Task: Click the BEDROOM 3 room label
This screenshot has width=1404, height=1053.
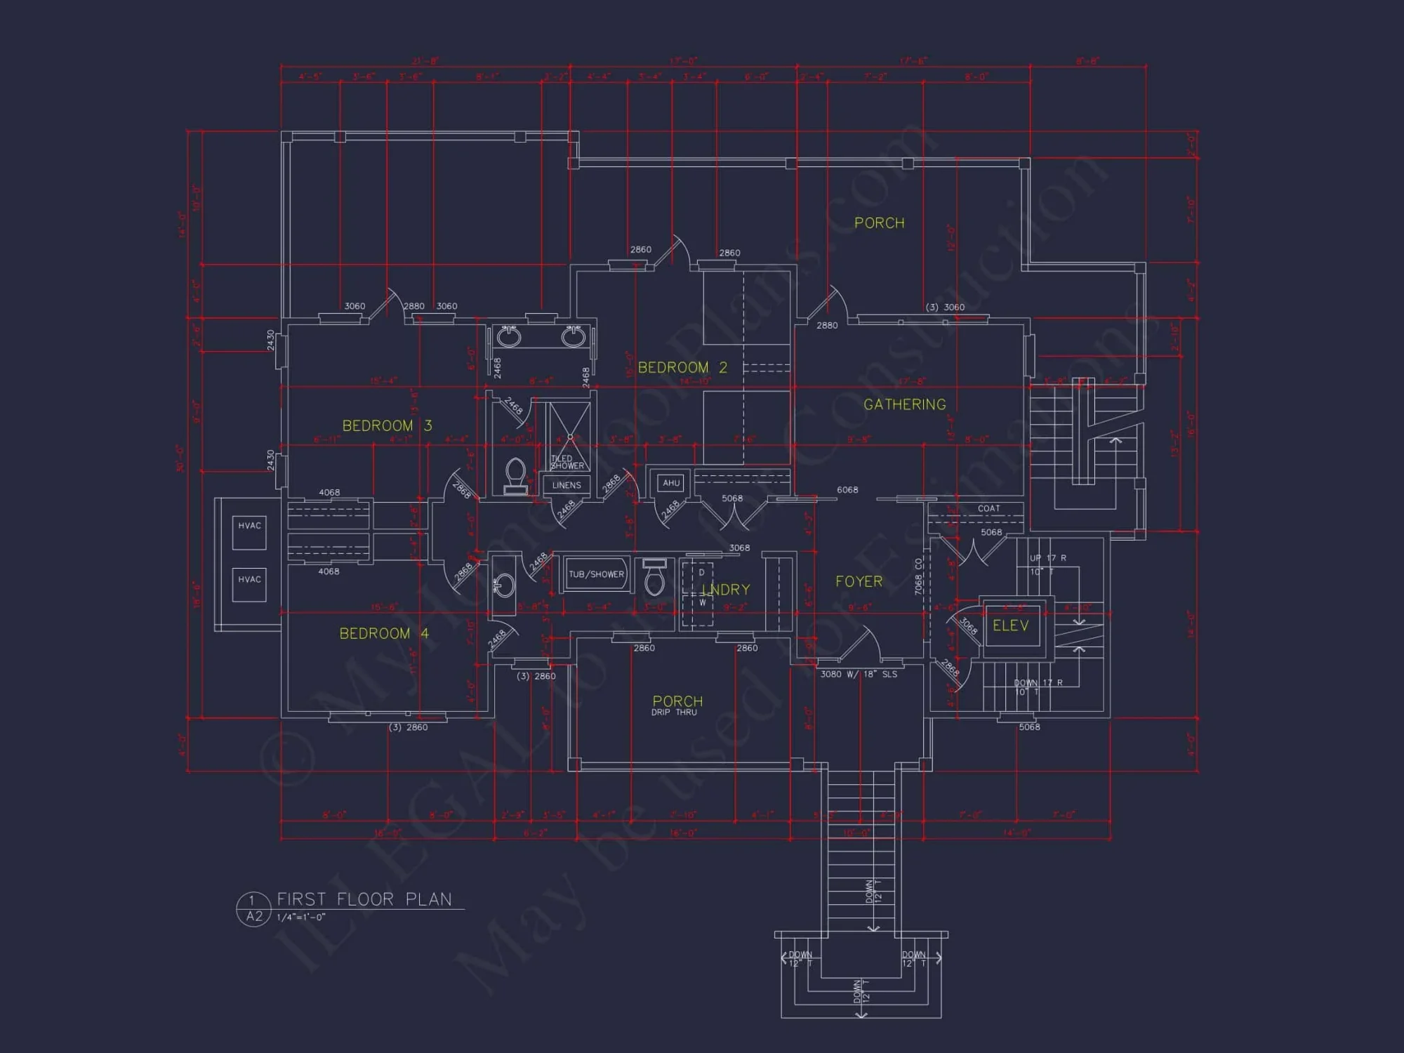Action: click(x=387, y=425)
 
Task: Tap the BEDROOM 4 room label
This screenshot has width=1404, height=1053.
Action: click(x=384, y=633)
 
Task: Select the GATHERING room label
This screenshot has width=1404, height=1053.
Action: click(x=904, y=404)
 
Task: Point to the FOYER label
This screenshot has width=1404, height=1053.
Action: click(x=859, y=581)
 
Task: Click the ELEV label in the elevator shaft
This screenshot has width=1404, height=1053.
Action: click(x=1010, y=625)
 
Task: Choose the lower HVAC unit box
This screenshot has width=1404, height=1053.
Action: click(x=249, y=585)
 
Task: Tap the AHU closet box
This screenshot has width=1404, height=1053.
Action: click(x=671, y=483)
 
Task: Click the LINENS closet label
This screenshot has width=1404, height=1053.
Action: click(x=567, y=485)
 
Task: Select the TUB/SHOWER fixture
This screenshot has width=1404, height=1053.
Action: click(x=596, y=574)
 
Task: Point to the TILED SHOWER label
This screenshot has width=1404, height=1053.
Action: click(x=567, y=462)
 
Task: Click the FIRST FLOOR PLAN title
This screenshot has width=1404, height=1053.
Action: click(x=364, y=899)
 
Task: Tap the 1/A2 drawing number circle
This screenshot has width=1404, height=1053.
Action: click(x=253, y=909)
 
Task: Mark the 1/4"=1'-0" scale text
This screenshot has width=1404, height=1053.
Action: click(x=301, y=918)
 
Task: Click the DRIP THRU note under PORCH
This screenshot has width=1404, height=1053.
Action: click(x=674, y=713)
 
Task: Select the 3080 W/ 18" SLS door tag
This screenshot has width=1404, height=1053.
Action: click(x=859, y=674)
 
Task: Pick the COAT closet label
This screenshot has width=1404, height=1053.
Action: click(x=988, y=508)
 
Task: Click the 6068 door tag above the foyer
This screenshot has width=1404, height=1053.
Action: click(x=847, y=490)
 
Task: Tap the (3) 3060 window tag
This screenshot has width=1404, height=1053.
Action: click(x=945, y=307)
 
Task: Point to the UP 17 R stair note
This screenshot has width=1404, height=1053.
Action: click(x=1047, y=558)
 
